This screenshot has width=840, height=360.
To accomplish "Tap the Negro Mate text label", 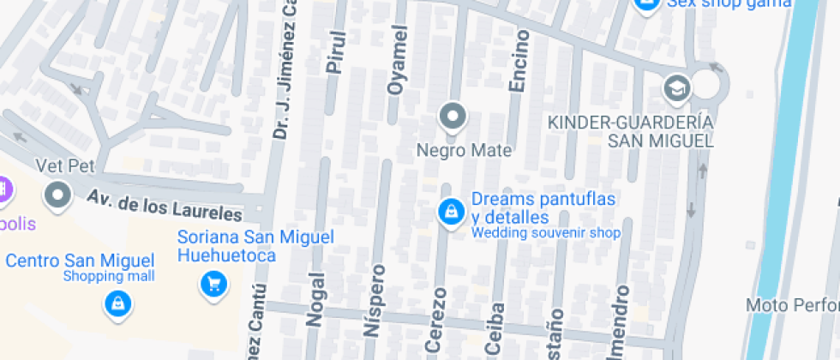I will (x=464, y=151).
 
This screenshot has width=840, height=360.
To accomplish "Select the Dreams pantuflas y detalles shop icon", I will (x=449, y=211).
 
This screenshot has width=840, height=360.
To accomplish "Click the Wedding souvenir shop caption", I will (x=546, y=232).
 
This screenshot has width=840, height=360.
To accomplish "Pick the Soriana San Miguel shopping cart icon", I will (x=213, y=283).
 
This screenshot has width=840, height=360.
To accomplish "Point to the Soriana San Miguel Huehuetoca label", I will (x=255, y=246).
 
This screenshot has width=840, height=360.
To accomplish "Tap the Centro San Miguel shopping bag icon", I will (x=117, y=302).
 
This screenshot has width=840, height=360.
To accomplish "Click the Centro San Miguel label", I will (x=80, y=260).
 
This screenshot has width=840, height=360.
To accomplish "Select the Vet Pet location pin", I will (x=58, y=195).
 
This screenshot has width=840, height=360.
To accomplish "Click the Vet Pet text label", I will (x=64, y=165).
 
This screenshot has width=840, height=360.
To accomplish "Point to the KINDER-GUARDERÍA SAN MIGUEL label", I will (x=630, y=130).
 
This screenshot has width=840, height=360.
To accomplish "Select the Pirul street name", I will (x=335, y=52).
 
